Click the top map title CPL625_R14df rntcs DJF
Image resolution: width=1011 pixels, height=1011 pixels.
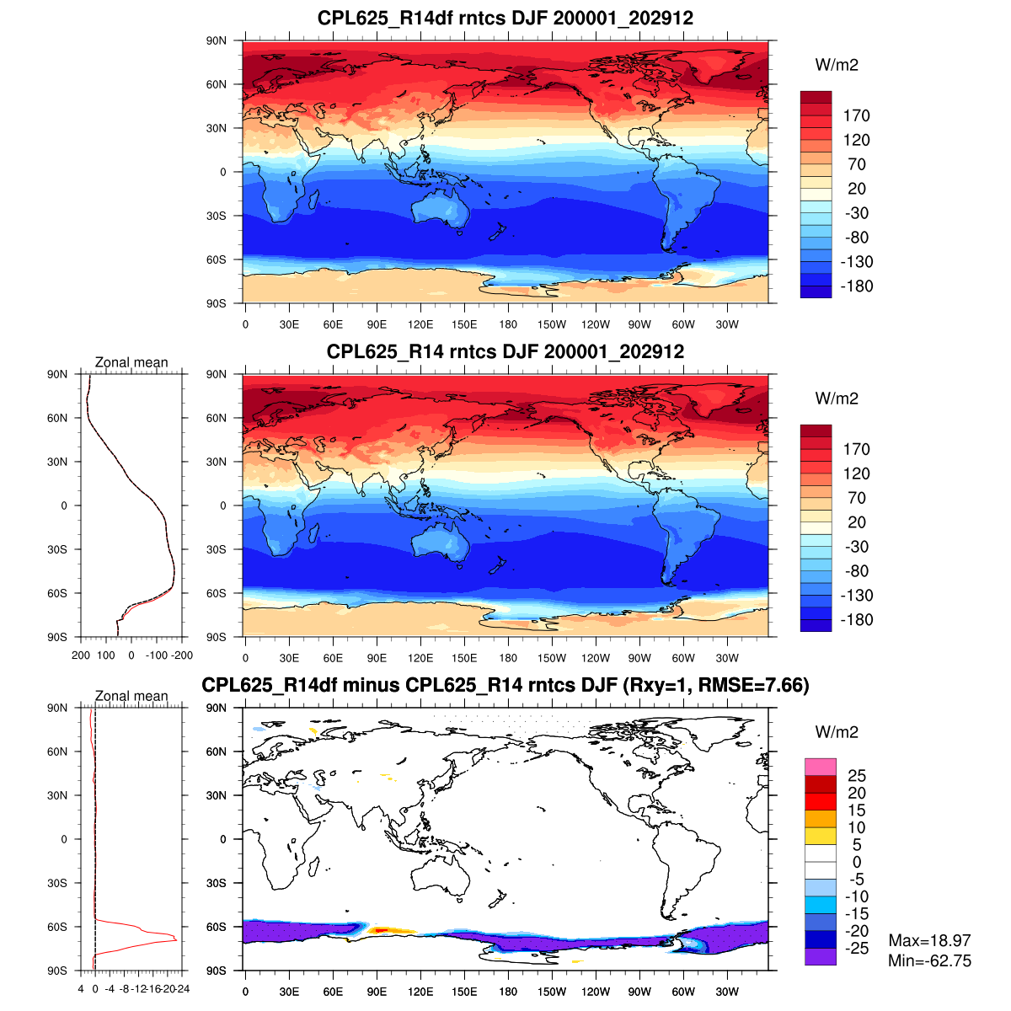pyautogui.click(x=505, y=18)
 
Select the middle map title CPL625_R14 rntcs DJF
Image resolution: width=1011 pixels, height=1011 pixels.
pyautogui.click(x=505, y=351)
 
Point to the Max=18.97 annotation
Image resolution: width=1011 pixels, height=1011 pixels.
pyautogui.click(x=929, y=940)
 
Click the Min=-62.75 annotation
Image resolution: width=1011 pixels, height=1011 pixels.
pyautogui.click(x=929, y=960)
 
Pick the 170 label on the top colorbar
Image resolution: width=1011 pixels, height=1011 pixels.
pyautogui.click(x=856, y=116)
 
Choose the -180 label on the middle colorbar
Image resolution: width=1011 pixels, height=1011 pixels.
pyautogui.click(x=856, y=620)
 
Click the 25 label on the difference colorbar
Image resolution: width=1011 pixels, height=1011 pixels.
pyautogui.click(x=856, y=776)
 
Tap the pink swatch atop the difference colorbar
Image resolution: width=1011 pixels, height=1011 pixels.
pyautogui.click(x=820, y=767)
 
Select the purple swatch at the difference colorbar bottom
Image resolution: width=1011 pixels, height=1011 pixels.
pyautogui.click(x=820, y=956)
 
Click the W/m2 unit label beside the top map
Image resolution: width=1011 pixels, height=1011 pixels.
pyautogui.click(x=837, y=66)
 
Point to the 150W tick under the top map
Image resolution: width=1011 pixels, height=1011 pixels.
pyautogui.click(x=552, y=324)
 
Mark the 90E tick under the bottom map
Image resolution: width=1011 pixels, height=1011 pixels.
pyautogui.click(x=377, y=992)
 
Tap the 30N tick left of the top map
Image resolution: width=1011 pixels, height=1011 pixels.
pyautogui.click(x=217, y=128)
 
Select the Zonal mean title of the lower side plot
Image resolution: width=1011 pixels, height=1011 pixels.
pyautogui.click(x=131, y=696)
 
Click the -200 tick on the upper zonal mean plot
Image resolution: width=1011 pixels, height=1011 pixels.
pyautogui.click(x=183, y=655)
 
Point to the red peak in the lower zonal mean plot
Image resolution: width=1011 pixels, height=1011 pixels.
pyautogui.click(x=175, y=939)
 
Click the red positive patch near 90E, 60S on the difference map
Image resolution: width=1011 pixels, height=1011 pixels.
pyautogui.click(x=380, y=930)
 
